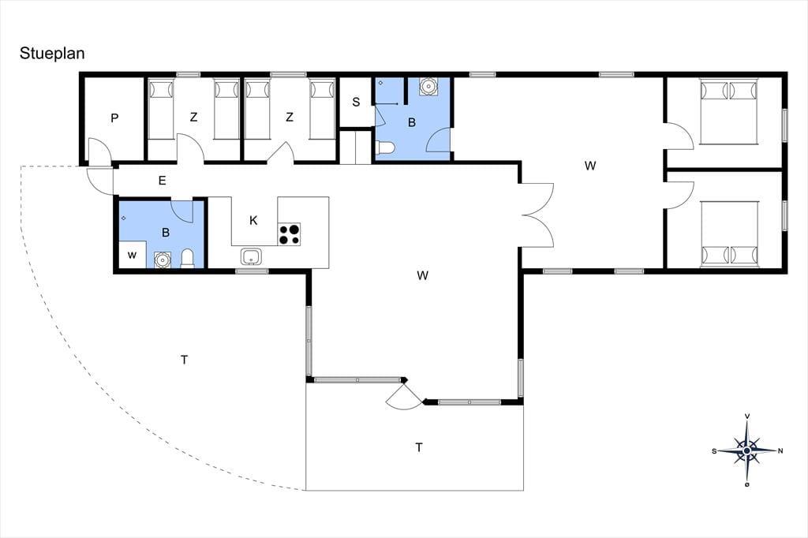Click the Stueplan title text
click(x=52, y=54)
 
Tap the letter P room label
click(x=114, y=118)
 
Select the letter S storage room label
click(x=356, y=102)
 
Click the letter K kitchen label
click(x=253, y=221)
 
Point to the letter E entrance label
click(x=163, y=181)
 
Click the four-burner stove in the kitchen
click(x=290, y=234)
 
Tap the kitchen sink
click(x=251, y=256)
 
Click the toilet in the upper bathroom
click(x=385, y=148)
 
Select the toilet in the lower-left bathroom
click(x=188, y=259)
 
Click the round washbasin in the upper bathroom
click(x=428, y=87)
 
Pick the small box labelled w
click(x=133, y=255)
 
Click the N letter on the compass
click(x=780, y=451)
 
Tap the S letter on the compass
click(x=714, y=451)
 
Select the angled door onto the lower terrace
click(x=405, y=396)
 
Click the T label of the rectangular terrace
click(x=419, y=447)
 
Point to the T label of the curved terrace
click(x=185, y=360)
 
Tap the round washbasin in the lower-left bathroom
click(x=163, y=260)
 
